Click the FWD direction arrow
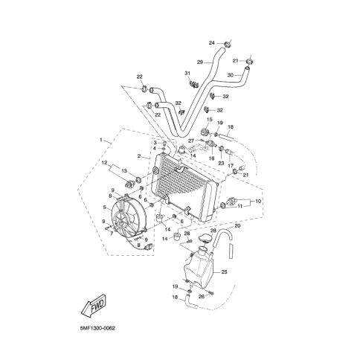tap(94, 305)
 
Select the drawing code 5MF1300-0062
tap(97, 328)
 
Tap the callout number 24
tap(211, 43)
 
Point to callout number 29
tap(200, 62)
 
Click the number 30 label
tap(231, 74)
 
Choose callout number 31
tap(187, 73)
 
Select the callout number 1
tap(101, 140)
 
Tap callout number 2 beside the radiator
tap(139, 156)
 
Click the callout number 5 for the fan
tap(105, 207)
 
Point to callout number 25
tap(224, 272)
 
